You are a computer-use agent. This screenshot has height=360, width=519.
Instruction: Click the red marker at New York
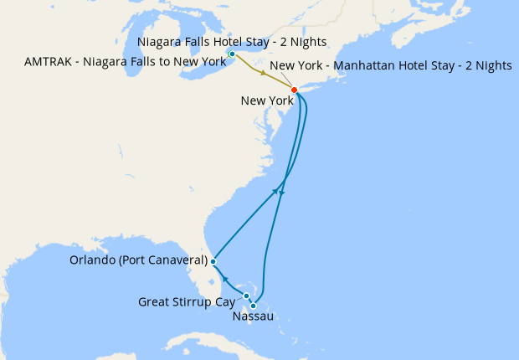294,90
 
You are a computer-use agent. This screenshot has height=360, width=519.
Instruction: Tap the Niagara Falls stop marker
232,54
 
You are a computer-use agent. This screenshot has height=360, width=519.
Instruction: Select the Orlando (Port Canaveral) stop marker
213,262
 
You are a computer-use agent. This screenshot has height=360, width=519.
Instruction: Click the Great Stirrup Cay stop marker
247,296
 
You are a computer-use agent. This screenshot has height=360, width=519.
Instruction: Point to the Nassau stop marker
253,306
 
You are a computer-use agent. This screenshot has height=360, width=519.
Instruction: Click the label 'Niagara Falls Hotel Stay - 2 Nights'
231,42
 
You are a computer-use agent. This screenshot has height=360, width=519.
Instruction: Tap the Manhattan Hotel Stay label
391,66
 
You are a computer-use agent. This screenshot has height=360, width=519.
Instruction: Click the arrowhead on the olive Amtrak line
264,75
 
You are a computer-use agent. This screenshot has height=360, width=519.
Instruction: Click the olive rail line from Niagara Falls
248,66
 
